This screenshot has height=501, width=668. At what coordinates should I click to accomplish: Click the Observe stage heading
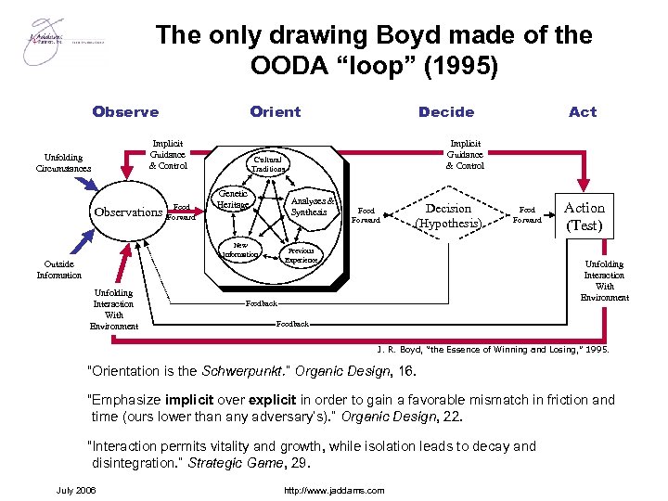point(125,111)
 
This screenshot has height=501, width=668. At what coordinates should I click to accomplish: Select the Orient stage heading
point(276,111)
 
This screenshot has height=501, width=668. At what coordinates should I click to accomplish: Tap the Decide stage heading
point(446,111)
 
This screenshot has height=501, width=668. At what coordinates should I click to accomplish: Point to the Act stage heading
point(583,111)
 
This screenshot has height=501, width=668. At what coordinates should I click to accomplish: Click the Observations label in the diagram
point(128,212)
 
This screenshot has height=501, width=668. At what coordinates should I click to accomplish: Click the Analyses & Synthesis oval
point(309,206)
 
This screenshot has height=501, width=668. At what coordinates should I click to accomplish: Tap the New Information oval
point(240,251)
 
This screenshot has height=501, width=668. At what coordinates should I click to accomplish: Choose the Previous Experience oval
point(301,255)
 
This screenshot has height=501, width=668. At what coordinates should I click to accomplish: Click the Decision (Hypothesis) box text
point(448,216)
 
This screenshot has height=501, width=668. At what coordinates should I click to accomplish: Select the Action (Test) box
point(584,216)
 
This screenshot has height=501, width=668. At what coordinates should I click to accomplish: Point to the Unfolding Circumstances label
point(63,163)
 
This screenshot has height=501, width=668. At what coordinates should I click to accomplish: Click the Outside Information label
point(59,269)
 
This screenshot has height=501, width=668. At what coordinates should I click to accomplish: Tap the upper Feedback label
point(262,303)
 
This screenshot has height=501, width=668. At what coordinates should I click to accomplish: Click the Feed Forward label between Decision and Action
point(527,215)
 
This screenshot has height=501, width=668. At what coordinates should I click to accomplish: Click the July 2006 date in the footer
point(76,489)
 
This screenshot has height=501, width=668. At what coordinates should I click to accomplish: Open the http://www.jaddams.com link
point(334,490)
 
